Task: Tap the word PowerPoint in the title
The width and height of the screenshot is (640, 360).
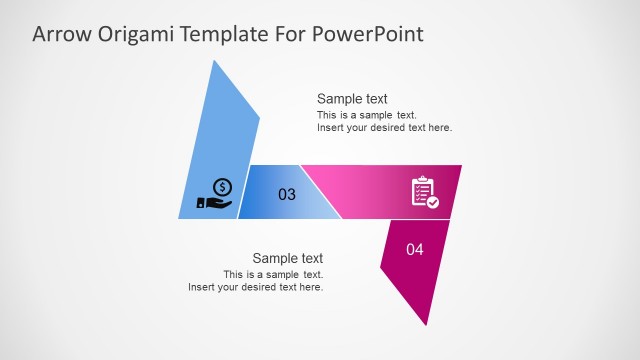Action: click(x=368, y=34)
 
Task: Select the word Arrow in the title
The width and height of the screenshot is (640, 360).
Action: click(x=60, y=34)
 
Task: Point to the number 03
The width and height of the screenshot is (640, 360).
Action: click(x=287, y=194)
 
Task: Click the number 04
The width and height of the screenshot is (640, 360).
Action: click(x=415, y=249)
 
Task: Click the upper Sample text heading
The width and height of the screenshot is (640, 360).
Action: click(x=352, y=99)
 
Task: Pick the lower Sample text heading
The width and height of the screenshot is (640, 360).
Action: click(x=287, y=258)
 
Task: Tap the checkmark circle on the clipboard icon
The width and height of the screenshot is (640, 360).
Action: click(x=433, y=201)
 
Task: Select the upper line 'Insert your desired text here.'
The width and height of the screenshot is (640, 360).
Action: click(x=385, y=128)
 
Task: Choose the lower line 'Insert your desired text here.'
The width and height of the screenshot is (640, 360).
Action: click(x=256, y=288)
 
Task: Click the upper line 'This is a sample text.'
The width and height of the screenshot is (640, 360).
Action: click(x=366, y=114)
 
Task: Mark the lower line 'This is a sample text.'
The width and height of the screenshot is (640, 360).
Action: click(x=273, y=274)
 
